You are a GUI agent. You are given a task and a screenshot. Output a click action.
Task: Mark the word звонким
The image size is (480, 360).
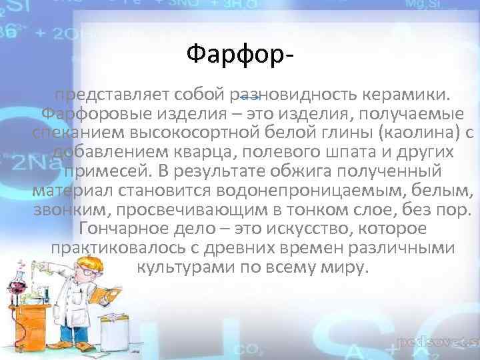click(66, 211)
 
